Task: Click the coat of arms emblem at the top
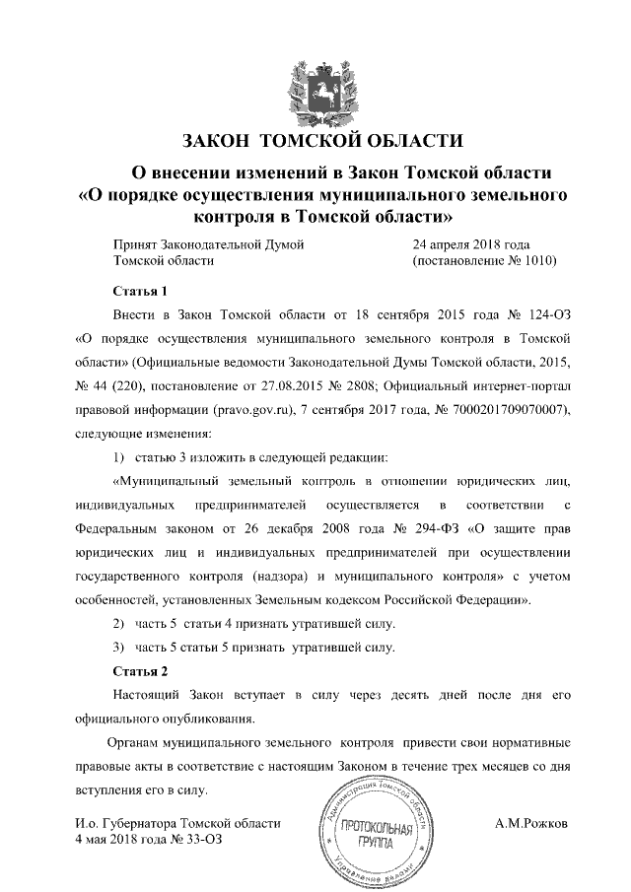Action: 315,87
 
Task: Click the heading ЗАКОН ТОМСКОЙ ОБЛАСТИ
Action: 315,139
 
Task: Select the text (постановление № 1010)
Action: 484,261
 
